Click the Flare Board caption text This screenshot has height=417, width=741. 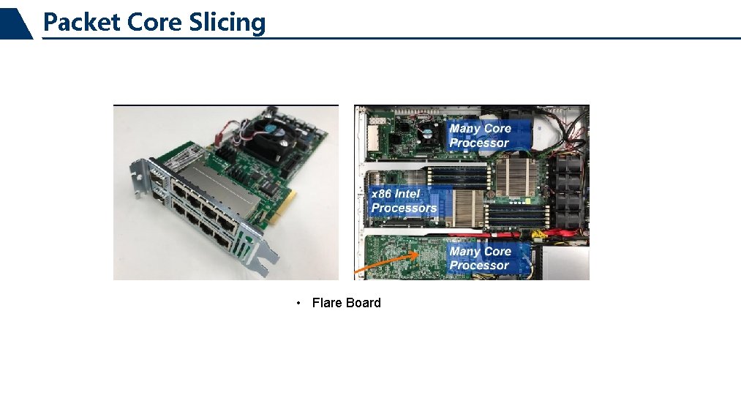346,303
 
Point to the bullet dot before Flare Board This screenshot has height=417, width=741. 299,303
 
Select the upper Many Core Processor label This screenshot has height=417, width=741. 481,135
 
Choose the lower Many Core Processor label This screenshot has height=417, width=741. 480,258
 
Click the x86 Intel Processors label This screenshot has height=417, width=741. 404,201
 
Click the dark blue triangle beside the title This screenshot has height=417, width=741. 16,23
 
